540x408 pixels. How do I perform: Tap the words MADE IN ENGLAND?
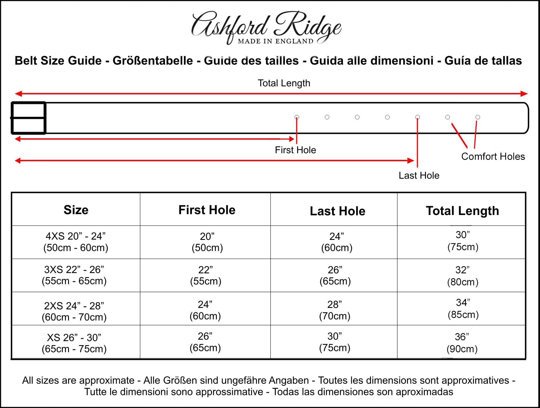275,41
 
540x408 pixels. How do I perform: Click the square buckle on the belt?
28,118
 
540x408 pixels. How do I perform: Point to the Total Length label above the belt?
284,83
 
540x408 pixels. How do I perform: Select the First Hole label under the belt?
295,150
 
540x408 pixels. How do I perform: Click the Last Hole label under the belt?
419,176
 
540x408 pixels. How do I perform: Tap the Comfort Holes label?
493,157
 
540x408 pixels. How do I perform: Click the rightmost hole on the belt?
478,117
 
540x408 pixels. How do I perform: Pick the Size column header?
76,210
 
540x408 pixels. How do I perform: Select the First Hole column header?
207,210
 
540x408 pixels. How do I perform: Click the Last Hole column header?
337,211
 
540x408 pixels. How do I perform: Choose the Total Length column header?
462,211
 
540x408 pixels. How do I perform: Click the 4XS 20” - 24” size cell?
76,242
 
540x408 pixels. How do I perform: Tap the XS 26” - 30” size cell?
74,343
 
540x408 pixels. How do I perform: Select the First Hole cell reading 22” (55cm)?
206,275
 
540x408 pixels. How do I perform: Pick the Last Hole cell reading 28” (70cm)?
335,310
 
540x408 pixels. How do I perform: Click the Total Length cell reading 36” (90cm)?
462,343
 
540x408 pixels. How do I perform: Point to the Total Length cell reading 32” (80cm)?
462,276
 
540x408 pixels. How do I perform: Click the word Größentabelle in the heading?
153,61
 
